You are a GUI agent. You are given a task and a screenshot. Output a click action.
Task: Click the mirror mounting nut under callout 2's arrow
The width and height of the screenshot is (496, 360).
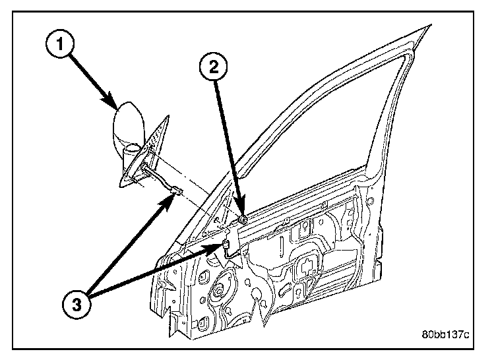(242, 218)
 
